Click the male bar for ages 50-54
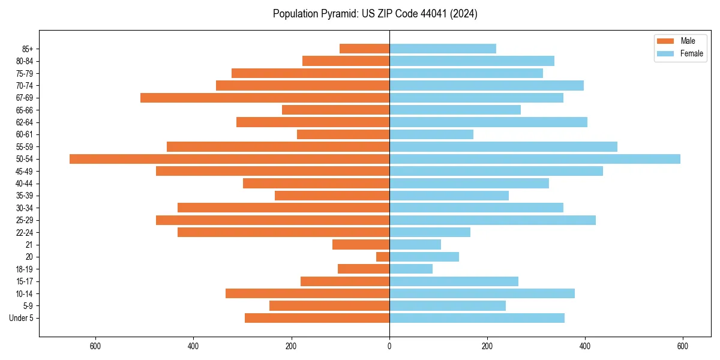229,159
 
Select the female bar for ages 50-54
535,159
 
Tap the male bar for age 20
383,257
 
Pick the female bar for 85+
443,49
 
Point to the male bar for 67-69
265,98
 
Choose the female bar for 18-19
411,269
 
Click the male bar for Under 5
317,318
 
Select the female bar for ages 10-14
482,293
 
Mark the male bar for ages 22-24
283,232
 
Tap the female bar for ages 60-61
431,134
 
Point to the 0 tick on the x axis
389,346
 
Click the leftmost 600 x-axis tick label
95,346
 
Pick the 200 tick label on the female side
487,346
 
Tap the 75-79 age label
25,73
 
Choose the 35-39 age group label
25,196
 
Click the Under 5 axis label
22,318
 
